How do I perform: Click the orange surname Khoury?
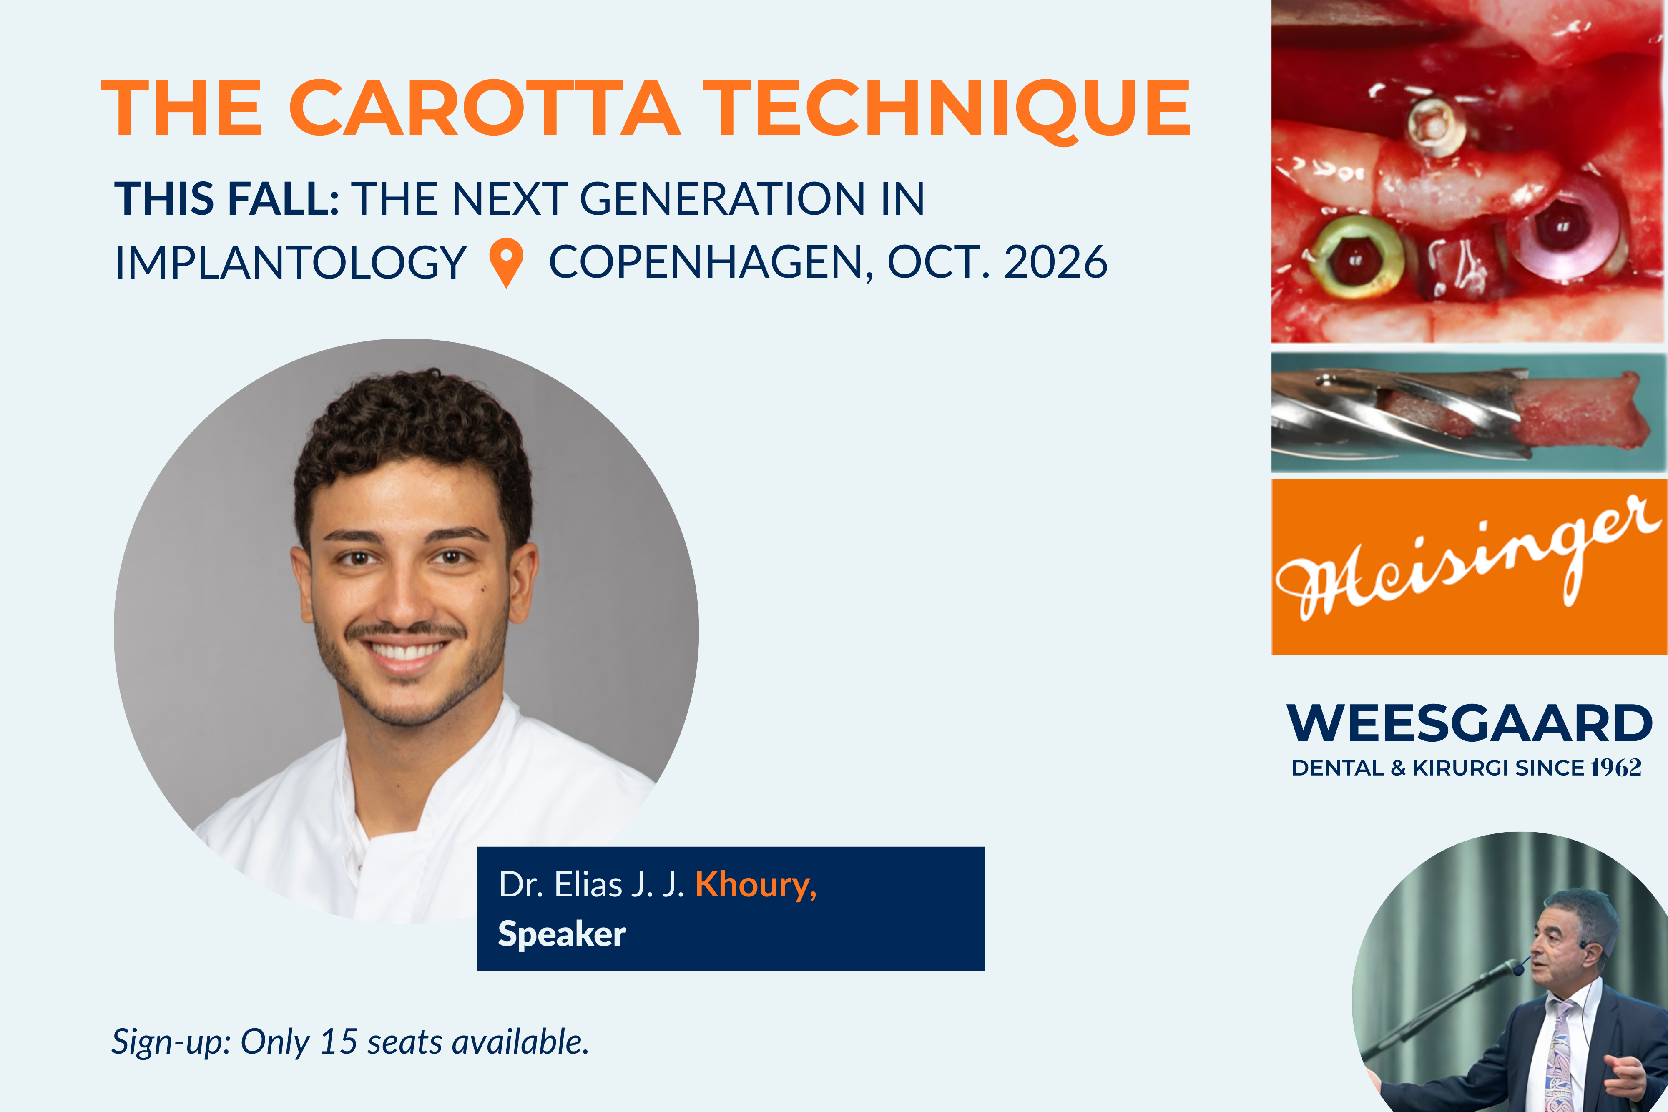coord(755,885)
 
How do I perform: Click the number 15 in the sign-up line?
coord(338,1042)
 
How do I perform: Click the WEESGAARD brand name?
coord(1470,723)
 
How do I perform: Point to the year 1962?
coord(1615,768)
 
